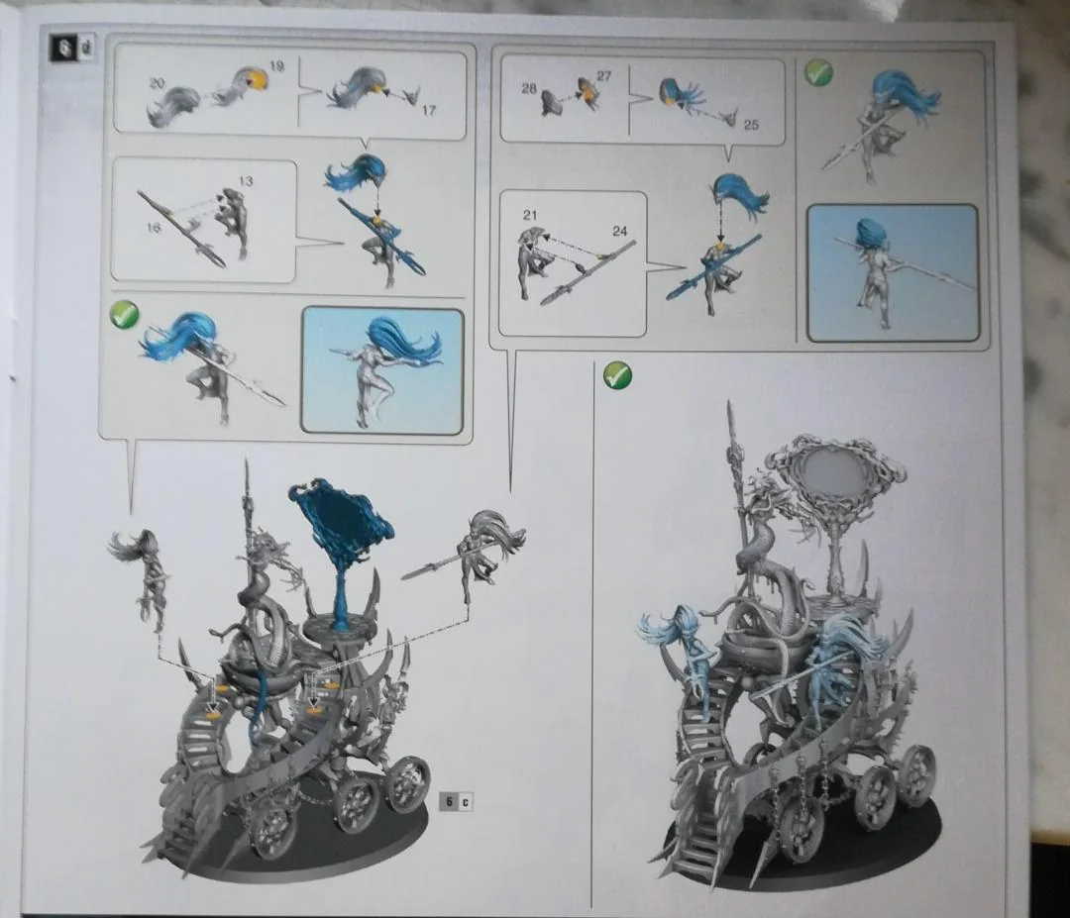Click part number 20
157,83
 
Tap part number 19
276,66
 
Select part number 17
428,110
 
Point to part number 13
246,181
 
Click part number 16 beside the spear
154,227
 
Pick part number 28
529,88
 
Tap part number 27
604,75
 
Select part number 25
751,125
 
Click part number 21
530,215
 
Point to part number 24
619,231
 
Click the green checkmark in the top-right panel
818,71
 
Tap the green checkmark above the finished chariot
617,375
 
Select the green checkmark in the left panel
124,315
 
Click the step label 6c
457,801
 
